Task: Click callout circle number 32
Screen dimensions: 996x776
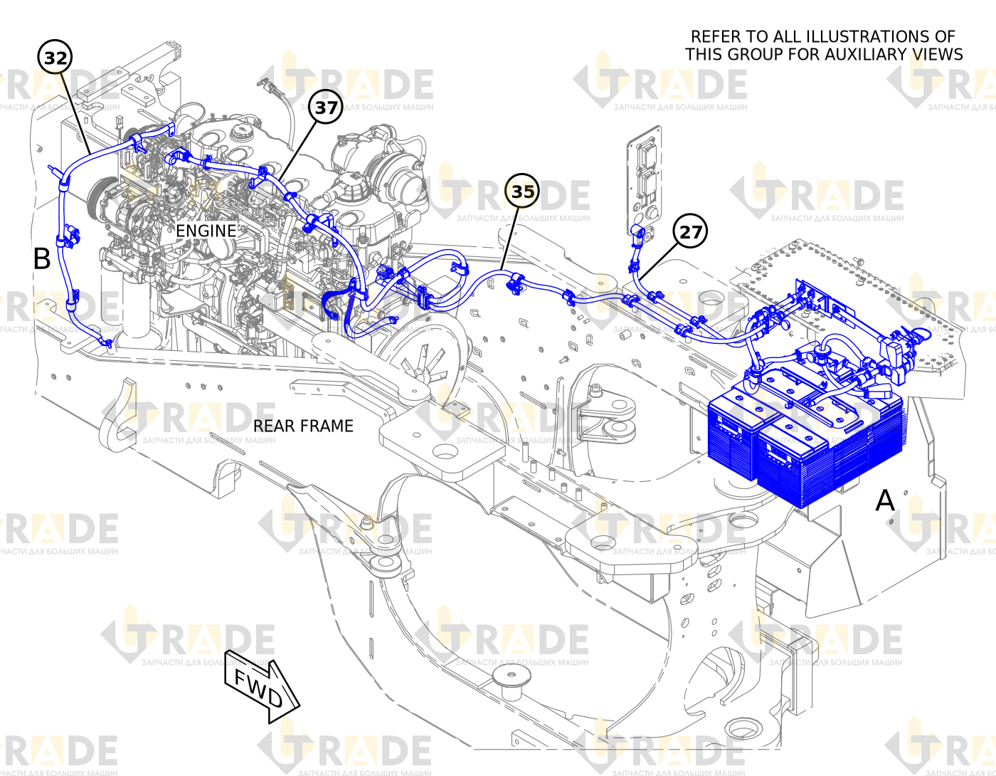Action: (55, 58)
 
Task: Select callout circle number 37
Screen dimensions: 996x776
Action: (326, 108)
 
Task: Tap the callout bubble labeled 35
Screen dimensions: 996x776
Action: (522, 191)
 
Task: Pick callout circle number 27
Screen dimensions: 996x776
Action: (690, 231)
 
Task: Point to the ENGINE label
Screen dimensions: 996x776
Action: (206, 231)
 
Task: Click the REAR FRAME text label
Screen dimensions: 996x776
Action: (303, 426)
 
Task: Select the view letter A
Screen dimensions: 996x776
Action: (884, 500)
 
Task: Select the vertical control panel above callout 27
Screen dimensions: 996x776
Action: (645, 180)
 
